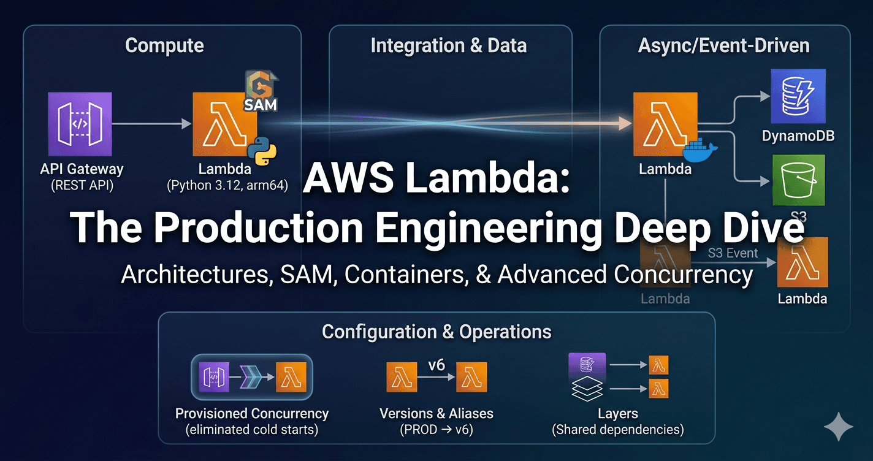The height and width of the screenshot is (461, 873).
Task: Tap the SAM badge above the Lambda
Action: [261, 92]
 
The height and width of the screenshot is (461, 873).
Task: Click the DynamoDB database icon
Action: [798, 96]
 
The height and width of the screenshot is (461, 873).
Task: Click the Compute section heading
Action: [164, 45]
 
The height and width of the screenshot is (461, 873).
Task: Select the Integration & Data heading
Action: [448, 45]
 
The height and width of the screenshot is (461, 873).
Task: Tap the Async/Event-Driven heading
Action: [723, 45]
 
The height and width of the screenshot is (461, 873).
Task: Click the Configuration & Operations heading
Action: [436, 332]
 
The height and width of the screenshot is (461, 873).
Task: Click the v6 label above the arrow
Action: [436, 365]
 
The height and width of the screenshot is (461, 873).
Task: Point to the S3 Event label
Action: [733, 253]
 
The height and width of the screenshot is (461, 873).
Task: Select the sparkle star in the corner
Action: [838, 427]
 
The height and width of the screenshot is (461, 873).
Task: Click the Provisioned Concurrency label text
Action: [251, 414]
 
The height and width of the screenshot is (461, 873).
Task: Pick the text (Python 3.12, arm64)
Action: [227, 185]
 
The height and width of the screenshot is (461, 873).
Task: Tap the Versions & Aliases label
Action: [436, 414]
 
